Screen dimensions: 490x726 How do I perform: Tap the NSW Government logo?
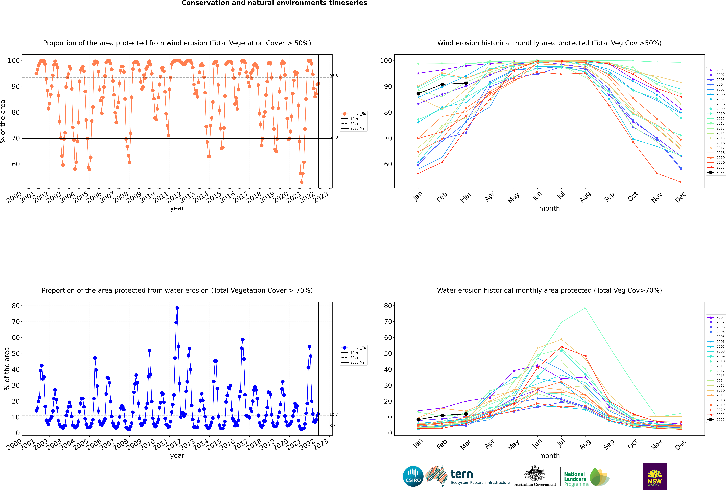[x=655, y=476]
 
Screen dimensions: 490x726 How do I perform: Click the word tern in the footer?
[x=462, y=474]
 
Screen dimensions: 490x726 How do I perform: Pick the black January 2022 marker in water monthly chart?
[x=418, y=420]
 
